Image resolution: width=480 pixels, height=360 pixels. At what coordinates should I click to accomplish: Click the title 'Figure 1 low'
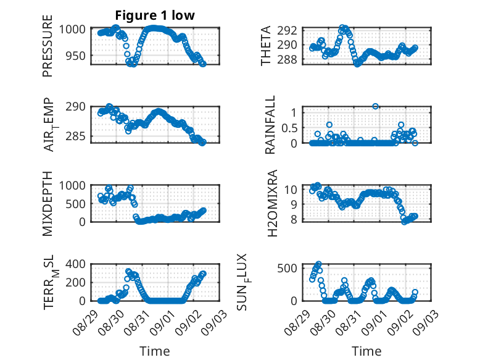coord(155,15)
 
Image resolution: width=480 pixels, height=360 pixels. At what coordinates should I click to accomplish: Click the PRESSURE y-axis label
coord(48,46)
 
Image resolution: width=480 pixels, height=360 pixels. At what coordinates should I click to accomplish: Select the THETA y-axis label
coord(266,46)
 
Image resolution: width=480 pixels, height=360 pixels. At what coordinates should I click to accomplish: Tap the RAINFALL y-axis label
coord(270,125)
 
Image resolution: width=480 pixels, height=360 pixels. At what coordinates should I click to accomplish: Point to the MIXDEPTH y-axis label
coord(48,203)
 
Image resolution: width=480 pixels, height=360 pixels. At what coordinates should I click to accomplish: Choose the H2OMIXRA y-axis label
coord(272,203)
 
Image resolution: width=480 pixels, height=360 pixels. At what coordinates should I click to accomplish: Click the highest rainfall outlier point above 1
coord(375,106)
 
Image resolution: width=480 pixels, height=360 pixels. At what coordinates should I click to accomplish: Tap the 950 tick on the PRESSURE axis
coord(76,56)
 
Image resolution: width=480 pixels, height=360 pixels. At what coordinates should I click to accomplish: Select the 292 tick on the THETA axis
coord(288,30)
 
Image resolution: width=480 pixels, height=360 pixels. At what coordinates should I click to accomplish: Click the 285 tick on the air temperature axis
coord(76,136)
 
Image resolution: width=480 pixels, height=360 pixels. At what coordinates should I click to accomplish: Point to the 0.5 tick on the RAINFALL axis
coord(289,128)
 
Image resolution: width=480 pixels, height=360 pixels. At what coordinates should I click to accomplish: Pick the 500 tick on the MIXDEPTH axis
coord(76,204)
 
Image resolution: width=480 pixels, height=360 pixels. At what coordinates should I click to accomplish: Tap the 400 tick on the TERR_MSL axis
coord(76,264)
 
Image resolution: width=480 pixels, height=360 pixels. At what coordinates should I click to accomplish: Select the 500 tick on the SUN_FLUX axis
coord(288,269)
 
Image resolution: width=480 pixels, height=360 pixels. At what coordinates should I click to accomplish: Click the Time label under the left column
coord(155,351)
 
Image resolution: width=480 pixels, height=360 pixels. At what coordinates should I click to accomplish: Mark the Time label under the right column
coord(366,351)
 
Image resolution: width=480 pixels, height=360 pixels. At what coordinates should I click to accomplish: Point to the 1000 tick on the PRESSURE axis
coord(73,30)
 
